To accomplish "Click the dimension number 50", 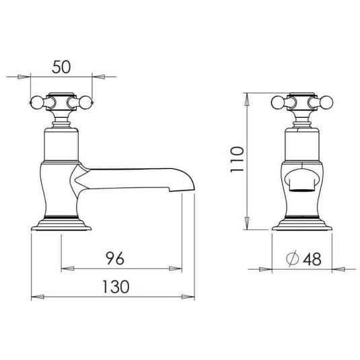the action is (61, 67).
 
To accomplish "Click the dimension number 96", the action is (115, 258).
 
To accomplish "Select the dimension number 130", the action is (116, 287).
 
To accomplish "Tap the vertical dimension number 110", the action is (237, 159).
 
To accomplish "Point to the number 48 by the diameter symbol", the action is (312, 259).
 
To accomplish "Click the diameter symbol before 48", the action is (293, 258).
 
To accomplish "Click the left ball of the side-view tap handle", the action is (37, 102).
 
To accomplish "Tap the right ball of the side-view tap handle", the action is (85, 102).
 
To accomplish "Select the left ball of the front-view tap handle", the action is (278, 102).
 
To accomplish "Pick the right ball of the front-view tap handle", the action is (326, 102).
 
